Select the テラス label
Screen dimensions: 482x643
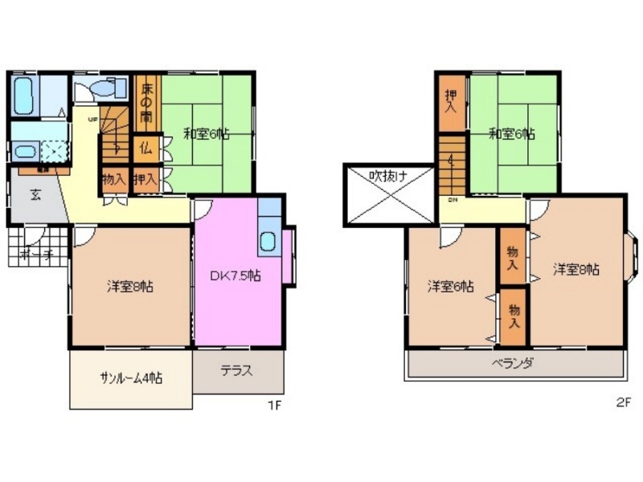click(x=237, y=371)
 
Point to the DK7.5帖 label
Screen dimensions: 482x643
click(x=235, y=276)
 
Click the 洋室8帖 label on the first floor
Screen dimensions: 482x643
click(x=131, y=286)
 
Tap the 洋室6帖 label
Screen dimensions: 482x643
click(x=450, y=287)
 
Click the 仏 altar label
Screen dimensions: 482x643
click(x=146, y=147)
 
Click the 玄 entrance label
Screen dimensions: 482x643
click(x=36, y=194)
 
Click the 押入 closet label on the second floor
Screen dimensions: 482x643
click(x=452, y=100)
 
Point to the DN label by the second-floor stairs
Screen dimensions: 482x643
click(x=453, y=200)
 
